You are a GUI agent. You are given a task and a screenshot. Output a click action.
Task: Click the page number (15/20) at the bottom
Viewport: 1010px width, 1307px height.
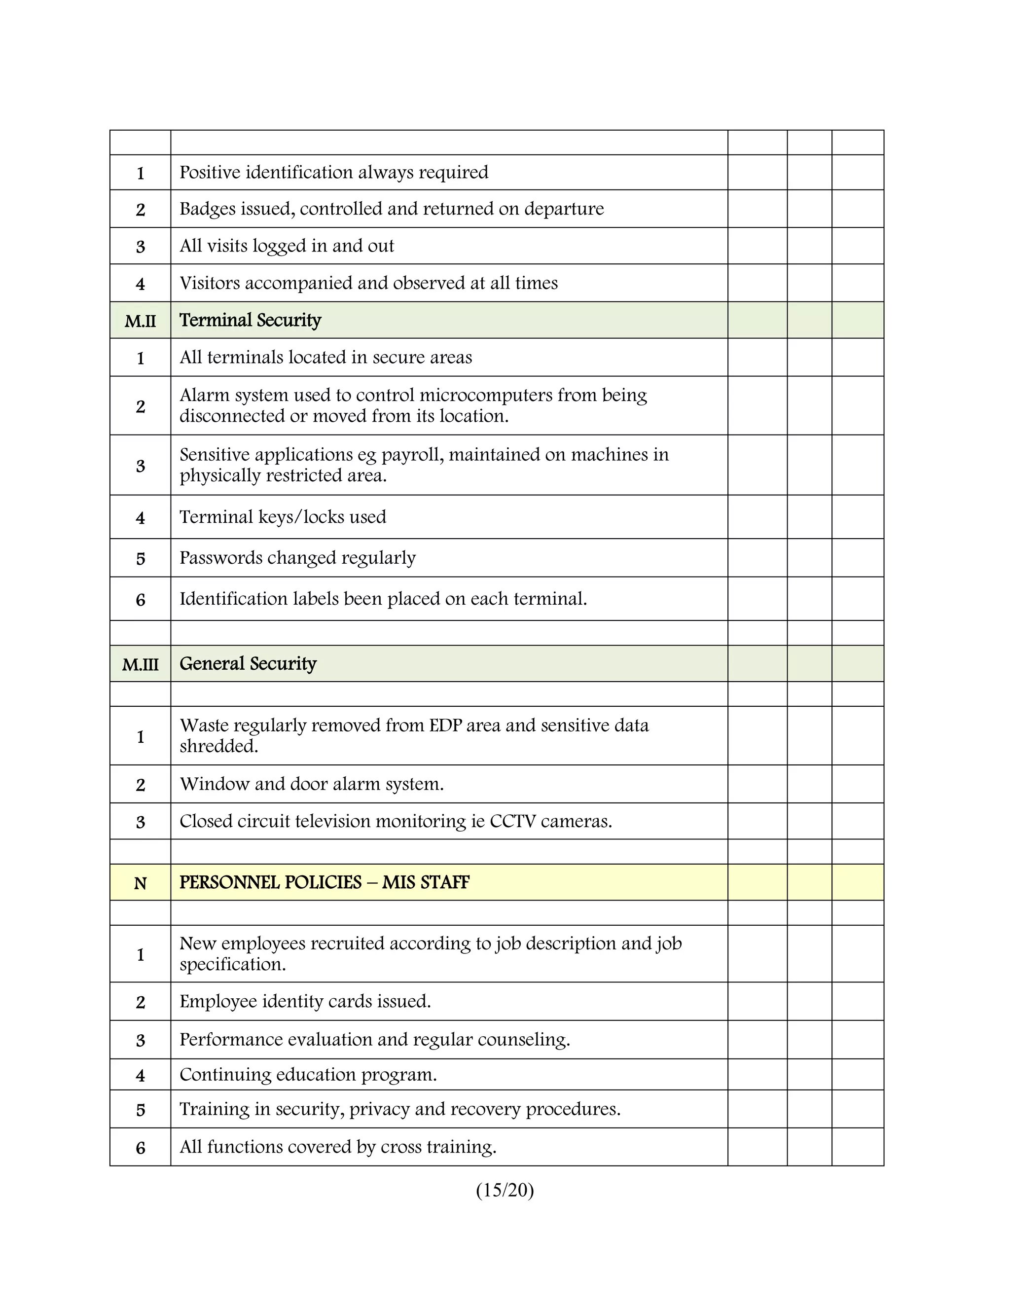pyautogui.click(x=505, y=1190)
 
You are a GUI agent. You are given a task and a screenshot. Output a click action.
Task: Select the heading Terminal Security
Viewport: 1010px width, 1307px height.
pyautogui.click(x=250, y=320)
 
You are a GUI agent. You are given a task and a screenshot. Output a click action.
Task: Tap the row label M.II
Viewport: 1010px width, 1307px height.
pyautogui.click(x=140, y=322)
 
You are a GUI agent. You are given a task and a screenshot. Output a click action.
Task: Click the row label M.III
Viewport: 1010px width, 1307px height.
pyautogui.click(x=140, y=665)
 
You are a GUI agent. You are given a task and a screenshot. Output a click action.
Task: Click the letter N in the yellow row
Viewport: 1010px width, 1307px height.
pyautogui.click(x=140, y=884)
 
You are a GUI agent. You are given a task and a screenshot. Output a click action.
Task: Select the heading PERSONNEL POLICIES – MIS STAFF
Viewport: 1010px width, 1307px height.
pyautogui.click(x=325, y=883)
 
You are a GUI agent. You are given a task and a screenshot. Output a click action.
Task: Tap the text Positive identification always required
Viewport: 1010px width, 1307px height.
pyautogui.click(x=334, y=172)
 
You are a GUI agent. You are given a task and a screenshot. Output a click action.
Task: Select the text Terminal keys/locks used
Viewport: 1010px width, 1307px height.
pyautogui.click(x=283, y=517)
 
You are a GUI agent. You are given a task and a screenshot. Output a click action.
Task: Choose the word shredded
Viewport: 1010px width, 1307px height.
pyautogui.click(x=218, y=746)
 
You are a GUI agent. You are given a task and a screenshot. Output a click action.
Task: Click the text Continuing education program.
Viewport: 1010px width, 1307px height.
pyautogui.click(x=308, y=1075)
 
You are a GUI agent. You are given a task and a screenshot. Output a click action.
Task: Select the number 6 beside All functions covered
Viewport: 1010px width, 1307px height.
pyautogui.click(x=140, y=1148)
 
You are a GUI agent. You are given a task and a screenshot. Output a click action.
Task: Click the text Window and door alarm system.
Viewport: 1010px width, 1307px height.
pyautogui.click(x=311, y=784)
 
